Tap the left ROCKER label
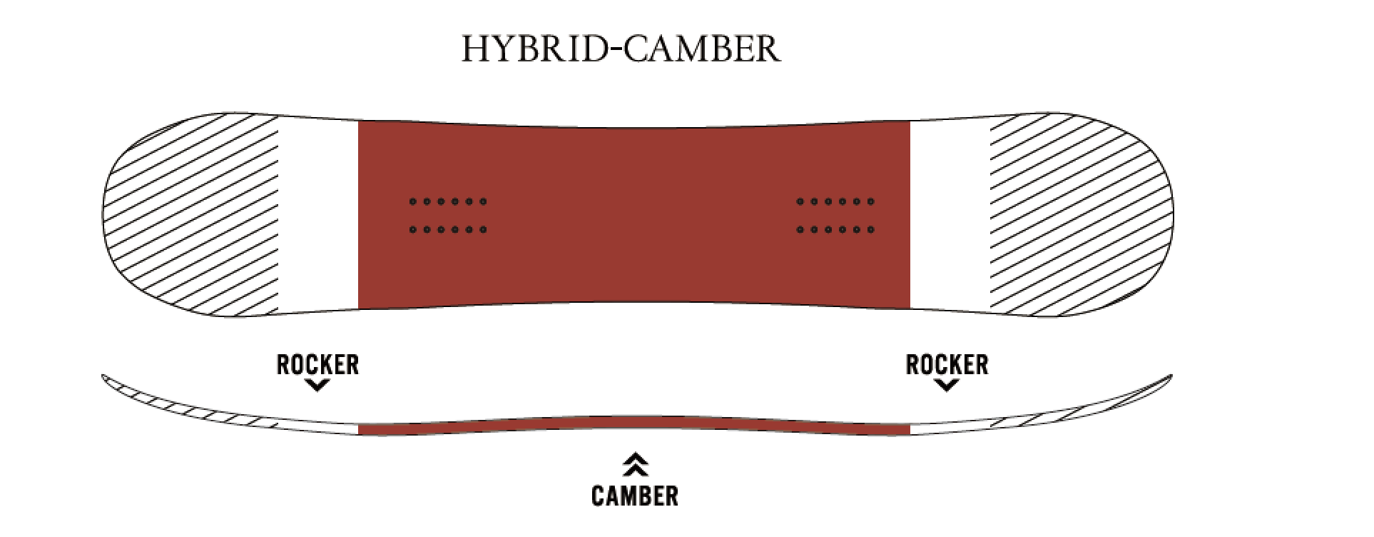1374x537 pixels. click(317, 365)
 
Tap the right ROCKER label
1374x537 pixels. click(947, 365)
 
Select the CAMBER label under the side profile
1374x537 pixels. click(635, 495)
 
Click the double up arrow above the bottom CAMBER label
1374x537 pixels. click(635, 465)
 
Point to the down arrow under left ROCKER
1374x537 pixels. click(317, 386)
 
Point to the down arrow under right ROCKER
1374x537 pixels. click(947, 386)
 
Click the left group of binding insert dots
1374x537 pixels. click(448, 216)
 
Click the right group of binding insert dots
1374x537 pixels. click(835, 216)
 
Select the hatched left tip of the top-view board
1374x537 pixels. click(191, 214)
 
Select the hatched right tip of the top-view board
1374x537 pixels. click(1188, 214)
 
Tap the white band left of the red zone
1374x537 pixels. click(318, 214)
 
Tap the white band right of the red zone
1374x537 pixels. click(950, 214)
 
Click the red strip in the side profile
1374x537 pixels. click(634, 425)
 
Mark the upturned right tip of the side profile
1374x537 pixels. click(1171, 376)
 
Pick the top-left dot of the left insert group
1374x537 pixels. click(413, 202)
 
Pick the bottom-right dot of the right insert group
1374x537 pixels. click(870, 230)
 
